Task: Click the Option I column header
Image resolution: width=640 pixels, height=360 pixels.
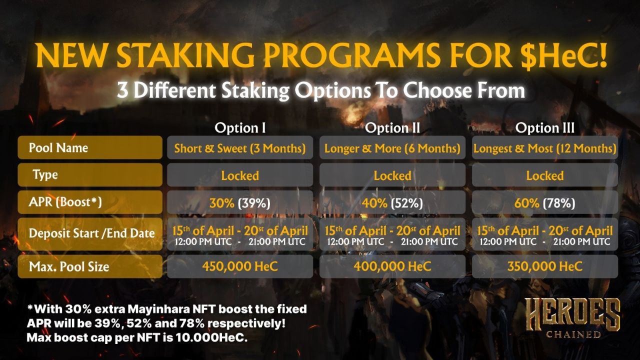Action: coord(240,127)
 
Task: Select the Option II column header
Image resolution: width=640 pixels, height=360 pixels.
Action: coord(392,127)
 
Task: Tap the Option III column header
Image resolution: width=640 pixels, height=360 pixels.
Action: coord(545,127)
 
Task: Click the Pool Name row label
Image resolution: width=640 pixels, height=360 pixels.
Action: coord(90,147)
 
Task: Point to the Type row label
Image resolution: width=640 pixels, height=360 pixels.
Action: coord(90,174)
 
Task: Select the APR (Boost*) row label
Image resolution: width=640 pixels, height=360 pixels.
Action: coord(90,202)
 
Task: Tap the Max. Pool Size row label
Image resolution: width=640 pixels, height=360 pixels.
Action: coord(90,266)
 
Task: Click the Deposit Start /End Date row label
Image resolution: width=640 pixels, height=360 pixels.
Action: coord(90,234)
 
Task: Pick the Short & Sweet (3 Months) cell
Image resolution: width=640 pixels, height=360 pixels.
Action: coord(240,147)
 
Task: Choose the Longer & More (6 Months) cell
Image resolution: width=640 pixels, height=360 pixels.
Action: coord(392,147)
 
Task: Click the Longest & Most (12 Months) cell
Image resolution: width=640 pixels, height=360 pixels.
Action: coord(545,147)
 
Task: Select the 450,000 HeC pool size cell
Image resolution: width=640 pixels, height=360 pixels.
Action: coord(240,266)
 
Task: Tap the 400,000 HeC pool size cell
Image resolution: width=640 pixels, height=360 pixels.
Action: coord(392,266)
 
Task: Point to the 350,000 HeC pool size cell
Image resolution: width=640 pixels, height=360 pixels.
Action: coord(545,266)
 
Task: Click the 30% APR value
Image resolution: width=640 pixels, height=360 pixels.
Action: coord(221,203)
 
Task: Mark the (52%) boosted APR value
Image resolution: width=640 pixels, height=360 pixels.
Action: coord(407,203)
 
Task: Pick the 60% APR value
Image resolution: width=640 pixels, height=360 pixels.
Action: coord(527,203)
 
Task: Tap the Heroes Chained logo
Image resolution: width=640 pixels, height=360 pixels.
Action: coord(573,318)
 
